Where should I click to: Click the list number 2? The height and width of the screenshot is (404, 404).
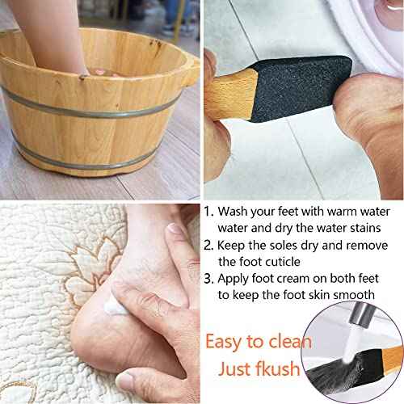208,245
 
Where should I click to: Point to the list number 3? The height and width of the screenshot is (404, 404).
208,280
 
